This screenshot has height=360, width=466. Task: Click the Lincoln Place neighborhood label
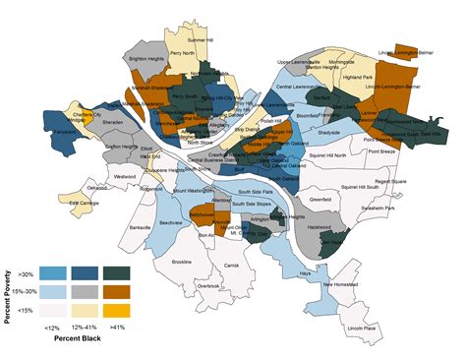(362, 327)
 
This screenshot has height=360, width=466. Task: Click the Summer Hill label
(200, 40)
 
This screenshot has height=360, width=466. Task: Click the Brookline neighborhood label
(182, 262)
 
